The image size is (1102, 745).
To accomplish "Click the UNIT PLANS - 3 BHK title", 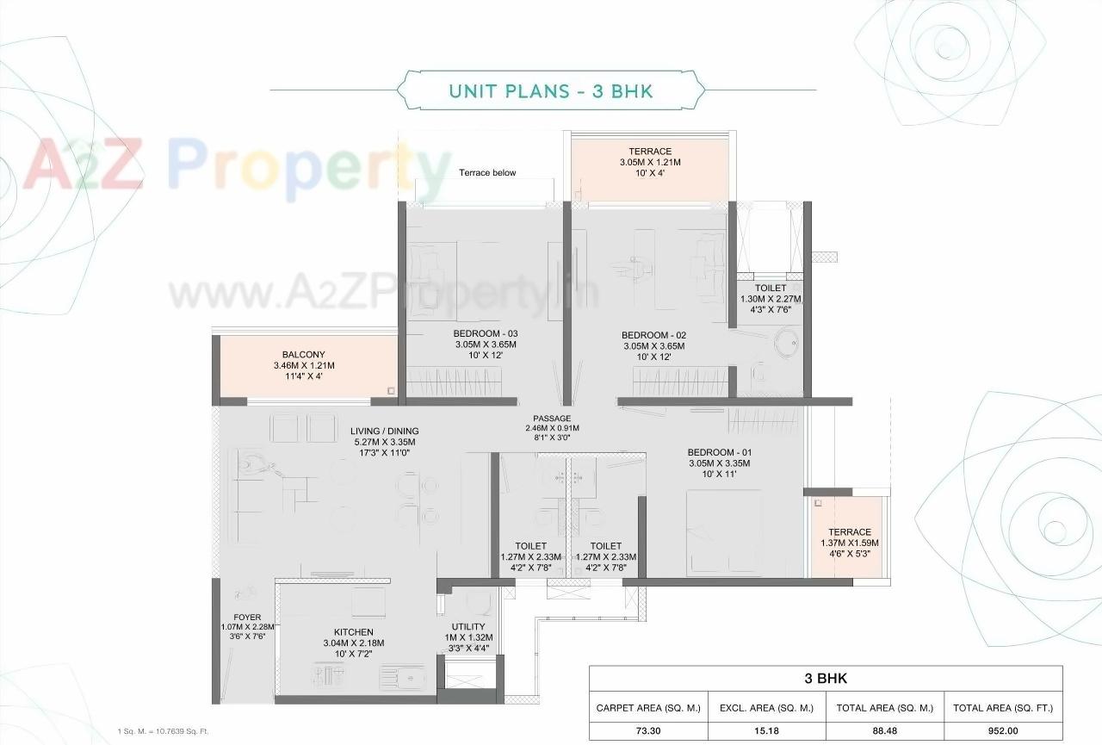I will pos(551,90).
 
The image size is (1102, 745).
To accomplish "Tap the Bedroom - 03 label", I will pos(486,334).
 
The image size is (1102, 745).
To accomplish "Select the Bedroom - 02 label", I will pos(653,335).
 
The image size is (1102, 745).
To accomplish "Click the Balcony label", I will pos(303,355).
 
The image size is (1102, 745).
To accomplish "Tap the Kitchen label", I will pos(353,632).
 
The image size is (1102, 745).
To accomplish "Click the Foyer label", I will pos(246,617).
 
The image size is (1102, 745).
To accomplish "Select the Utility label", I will pos(467,627).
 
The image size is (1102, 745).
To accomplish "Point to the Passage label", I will pos(552,419).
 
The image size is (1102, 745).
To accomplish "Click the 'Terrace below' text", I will pos(487,173).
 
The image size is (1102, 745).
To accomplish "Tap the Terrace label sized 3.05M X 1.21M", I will pos(650,152).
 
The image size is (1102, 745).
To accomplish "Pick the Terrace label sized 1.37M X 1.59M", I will pos(850,532).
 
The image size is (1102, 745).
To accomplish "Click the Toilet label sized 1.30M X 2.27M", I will pos(771,289).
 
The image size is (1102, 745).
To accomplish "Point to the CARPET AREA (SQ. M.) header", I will pos(648,708).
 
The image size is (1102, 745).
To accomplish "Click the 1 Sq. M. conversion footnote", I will pos(163,730).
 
